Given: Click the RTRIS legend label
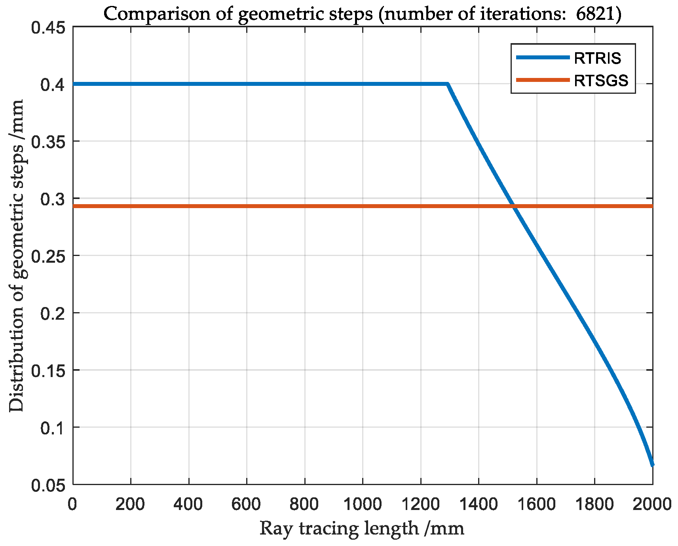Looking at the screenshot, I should click(x=597, y=59).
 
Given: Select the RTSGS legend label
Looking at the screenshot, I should click(x=601, y=81).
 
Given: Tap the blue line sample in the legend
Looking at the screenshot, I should click(x=543, y=58).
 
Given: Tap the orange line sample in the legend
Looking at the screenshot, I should click(x=543, y=80).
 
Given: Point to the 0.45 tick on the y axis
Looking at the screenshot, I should click(x=48, y=28).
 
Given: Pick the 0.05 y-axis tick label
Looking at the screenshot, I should click(x=48, y=485).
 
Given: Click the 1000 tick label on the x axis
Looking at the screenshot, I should click(x=363, y=504).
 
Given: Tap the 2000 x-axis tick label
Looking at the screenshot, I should click(x=651, y=504).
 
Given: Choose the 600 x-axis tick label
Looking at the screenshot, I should click(x=247, y=504).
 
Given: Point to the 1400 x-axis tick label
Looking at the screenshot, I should click(x=479, y=504).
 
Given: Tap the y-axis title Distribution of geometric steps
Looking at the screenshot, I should click(x=17, y=256).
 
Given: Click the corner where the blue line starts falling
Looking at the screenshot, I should click(x=448, y=84).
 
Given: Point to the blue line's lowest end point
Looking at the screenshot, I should click(x=652, y=465).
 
